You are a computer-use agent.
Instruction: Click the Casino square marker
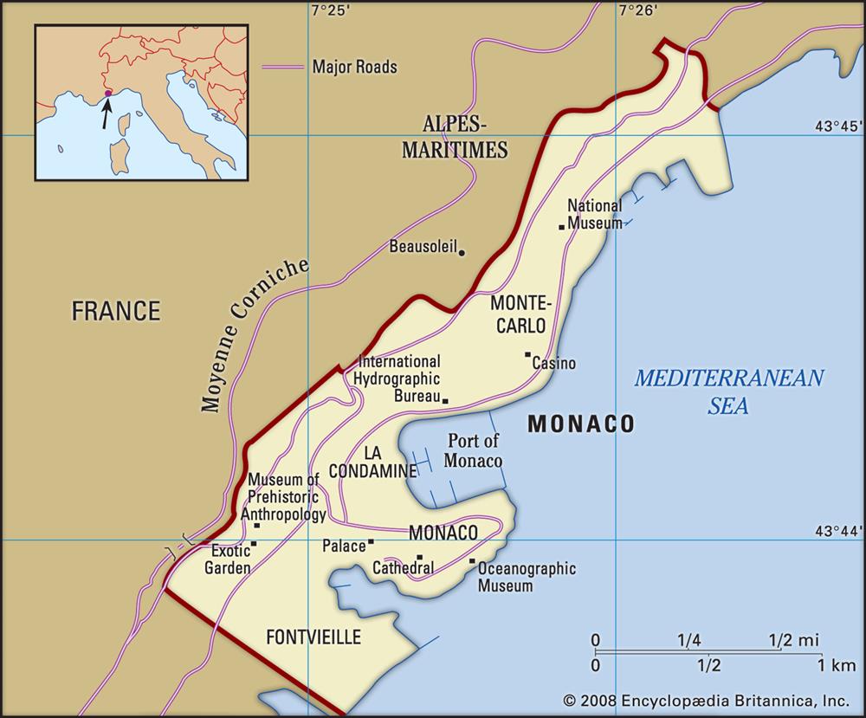tap(527, 354)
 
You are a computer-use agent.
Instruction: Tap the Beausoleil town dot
tap(462, 253)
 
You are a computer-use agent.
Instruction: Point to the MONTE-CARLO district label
tap(519, 314)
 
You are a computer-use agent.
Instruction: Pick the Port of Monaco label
tap(474, 450)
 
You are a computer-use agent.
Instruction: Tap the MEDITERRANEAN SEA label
tap(728, 391)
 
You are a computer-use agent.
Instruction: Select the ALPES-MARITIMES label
tap(454, 136)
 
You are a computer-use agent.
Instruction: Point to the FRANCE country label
tap(116, 311)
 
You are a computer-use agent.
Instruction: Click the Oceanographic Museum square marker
tap(472, 561)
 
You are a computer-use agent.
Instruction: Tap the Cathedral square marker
tap(420, 558)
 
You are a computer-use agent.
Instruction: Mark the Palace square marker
tap(371, 542)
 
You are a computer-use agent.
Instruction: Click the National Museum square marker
tap(562, 227)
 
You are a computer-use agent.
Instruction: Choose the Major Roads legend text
tap(354, 67)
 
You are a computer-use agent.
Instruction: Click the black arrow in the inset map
tap(106, 112)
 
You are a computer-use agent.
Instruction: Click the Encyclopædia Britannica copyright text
tap(706, 700)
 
